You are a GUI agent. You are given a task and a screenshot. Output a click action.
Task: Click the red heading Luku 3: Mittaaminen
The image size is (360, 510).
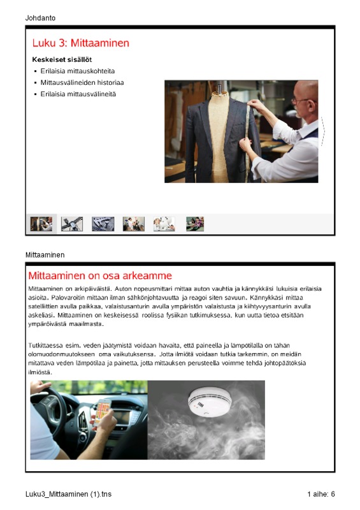pyautogui.click(x=81, y=43)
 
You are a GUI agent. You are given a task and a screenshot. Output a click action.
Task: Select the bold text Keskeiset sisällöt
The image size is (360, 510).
pyautogui.click(x=62, y=59)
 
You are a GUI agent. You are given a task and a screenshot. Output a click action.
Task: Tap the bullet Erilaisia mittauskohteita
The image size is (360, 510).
pyautogui.click(x=77, y=71)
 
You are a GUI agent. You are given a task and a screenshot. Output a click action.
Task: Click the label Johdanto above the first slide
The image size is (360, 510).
pyautogui.click(x=40, y=18)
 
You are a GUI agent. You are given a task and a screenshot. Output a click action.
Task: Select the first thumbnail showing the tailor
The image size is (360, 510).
pyautogui.click(x=41, y=224)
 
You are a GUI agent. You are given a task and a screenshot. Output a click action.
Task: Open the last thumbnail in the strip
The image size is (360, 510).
pyautogui.click(x=195, y=224)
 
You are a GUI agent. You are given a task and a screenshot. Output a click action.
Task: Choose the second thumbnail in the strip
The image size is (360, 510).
pyautogui.click(x=72, y=224)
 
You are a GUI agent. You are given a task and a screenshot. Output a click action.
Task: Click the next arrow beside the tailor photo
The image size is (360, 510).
pyautogui.click(x=322, y=131)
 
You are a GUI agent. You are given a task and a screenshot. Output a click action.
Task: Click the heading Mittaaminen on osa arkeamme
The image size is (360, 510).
pyautogui.click(x=100, y=276)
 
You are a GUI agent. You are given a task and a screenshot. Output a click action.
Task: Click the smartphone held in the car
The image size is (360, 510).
pyautogui.click(x=102, y=413)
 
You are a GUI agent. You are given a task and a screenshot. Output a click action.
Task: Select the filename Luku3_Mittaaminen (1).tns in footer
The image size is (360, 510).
pyautogui.click(x=68, y=494)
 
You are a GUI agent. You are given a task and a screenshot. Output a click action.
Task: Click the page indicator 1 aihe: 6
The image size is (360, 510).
pyautogui.click(x=321, y=494)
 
